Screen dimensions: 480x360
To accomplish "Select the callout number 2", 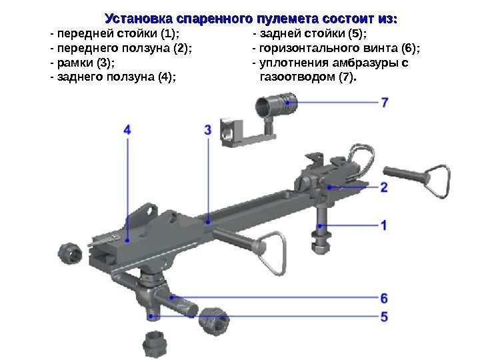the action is (x=384, y=187).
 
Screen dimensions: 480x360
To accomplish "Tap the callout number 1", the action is (x=384, y=225).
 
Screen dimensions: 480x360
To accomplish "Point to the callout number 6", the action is (x=385, y=297).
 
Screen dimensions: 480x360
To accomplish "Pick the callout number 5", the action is (x=385, y=316).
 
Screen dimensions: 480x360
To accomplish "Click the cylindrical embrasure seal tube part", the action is (x=275, y=105).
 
